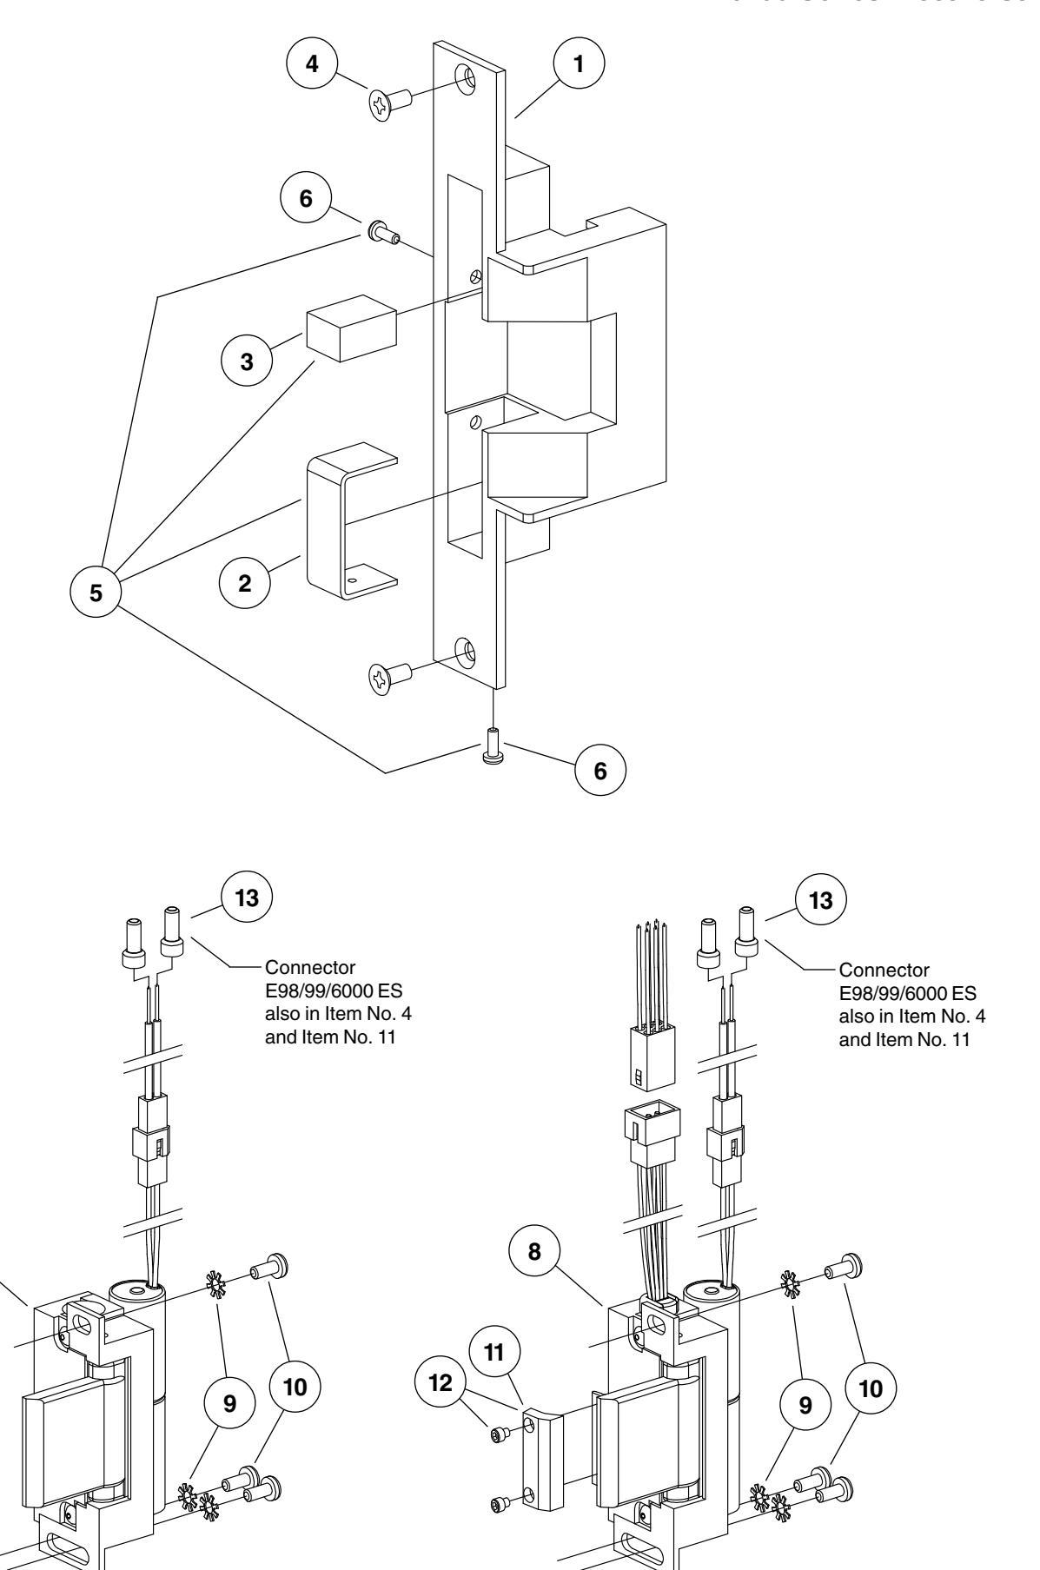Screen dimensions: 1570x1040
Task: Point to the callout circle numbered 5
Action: tap(96, 593)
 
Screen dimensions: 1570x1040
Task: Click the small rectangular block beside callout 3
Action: tap(350, 328)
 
